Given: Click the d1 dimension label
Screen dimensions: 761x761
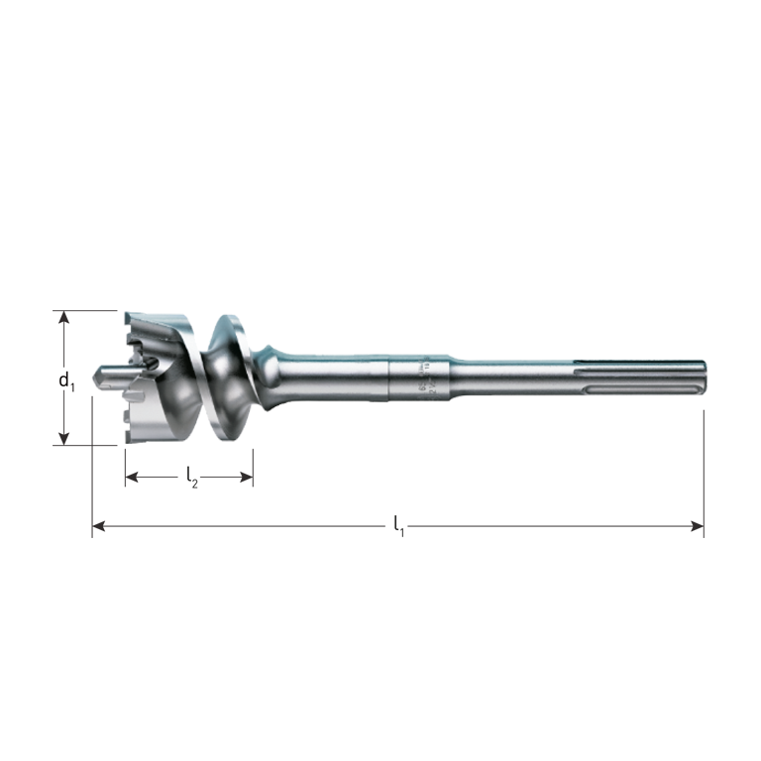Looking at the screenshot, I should (65, 380).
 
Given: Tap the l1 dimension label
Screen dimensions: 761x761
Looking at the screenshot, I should (398, 525).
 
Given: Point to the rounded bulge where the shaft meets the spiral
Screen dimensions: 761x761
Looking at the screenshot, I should (272, 357).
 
